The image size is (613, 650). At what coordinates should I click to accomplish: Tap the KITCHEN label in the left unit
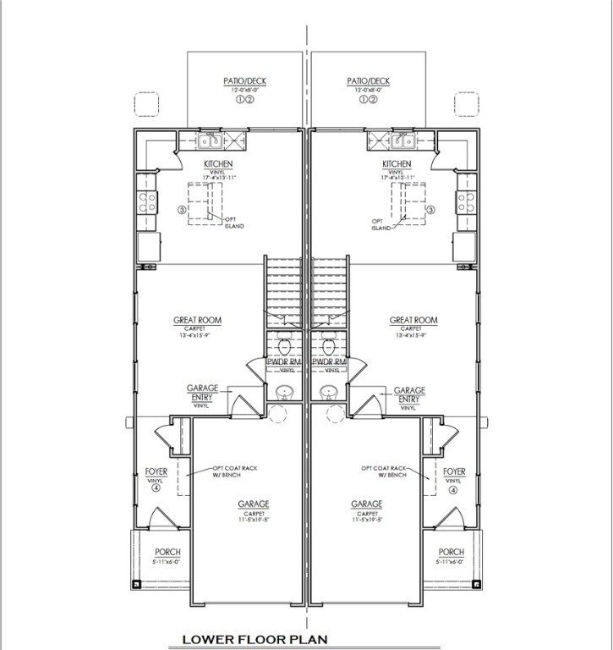218,164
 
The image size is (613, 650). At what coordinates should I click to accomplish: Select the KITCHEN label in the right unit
397,164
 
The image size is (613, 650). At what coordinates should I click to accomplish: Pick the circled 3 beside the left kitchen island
181,209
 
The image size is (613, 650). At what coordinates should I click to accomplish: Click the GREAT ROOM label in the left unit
197,321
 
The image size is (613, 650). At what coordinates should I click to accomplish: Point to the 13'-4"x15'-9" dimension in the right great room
413,336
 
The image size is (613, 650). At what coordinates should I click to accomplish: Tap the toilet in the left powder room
285,344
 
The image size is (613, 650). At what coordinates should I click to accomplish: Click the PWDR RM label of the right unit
329,362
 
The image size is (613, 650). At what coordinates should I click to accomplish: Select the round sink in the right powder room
331,392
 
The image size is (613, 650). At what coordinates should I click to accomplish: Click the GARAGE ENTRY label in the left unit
203,393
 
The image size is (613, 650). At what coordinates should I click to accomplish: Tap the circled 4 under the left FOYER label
157,490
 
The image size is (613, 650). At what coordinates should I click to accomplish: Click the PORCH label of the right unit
452,552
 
